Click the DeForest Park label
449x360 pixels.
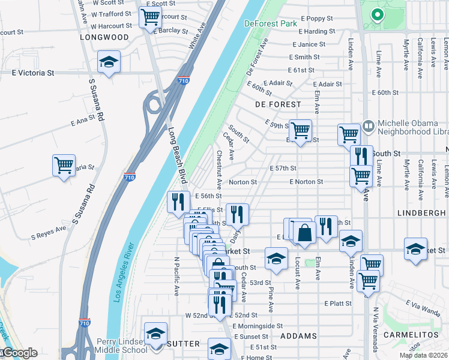point(271,23)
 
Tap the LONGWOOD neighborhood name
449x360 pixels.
point(104,37)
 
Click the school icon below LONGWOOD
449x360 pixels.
point(109,62)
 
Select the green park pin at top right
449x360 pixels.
point(377,14)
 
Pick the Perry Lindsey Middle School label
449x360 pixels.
point(122,346)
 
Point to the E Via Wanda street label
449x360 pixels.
point(423,307)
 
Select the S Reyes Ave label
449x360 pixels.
point(52,230)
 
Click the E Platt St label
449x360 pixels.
point(338,304)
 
